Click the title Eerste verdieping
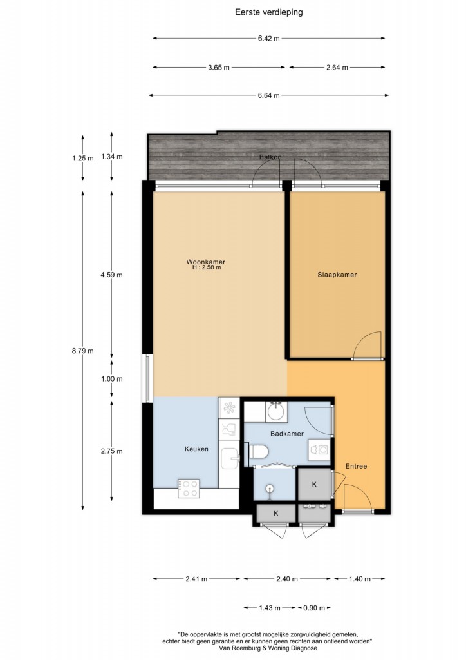click(269, 12)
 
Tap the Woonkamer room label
click(206, 262)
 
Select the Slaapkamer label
click(337, 275)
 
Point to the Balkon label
click(270, 157)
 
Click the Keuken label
click(196, 449)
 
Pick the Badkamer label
click(287, 434)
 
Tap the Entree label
click(357, 467)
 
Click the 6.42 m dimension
click(269, 38)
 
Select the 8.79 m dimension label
click(83, 351)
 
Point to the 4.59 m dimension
click(112, 275)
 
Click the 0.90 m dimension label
click(314, 608)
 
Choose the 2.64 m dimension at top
click(337, 67)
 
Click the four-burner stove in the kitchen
click(188, 489)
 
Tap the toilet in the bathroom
click(258, 452)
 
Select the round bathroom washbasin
click(277, 412)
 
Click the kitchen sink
click(230, 458)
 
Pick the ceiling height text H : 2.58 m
click(207, 267)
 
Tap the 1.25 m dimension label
click(83, 159)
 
